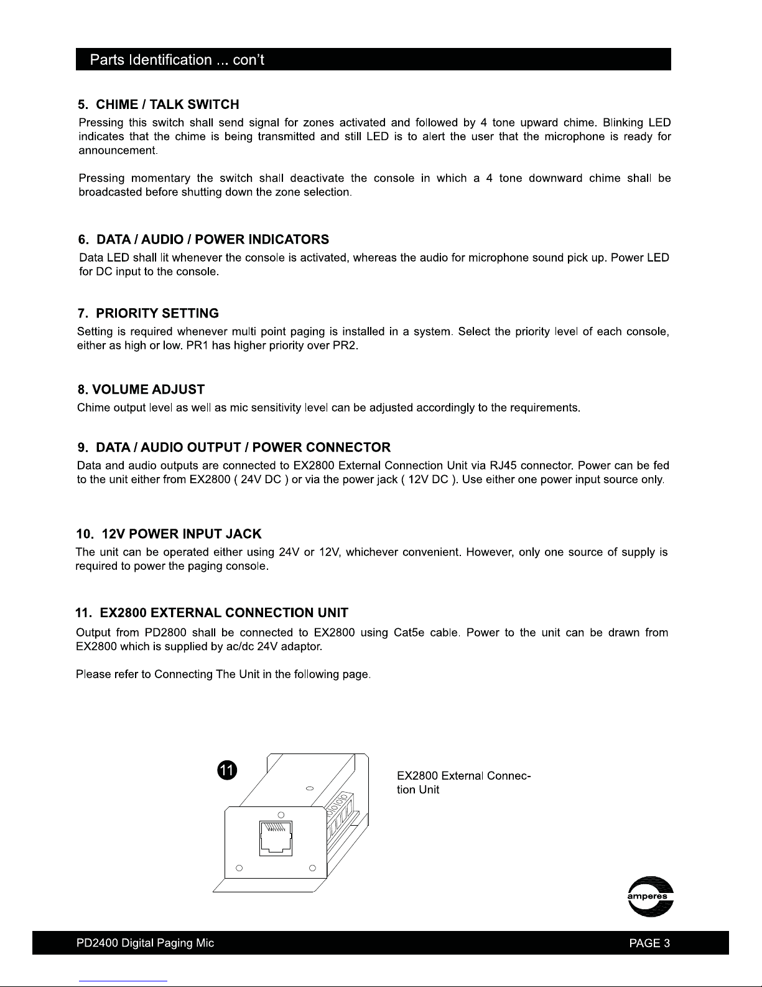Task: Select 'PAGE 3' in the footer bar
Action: point(649,943)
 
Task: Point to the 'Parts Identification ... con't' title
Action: point(177,60)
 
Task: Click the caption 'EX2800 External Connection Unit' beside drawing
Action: point(463,783)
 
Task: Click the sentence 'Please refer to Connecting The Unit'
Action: point(223,674)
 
